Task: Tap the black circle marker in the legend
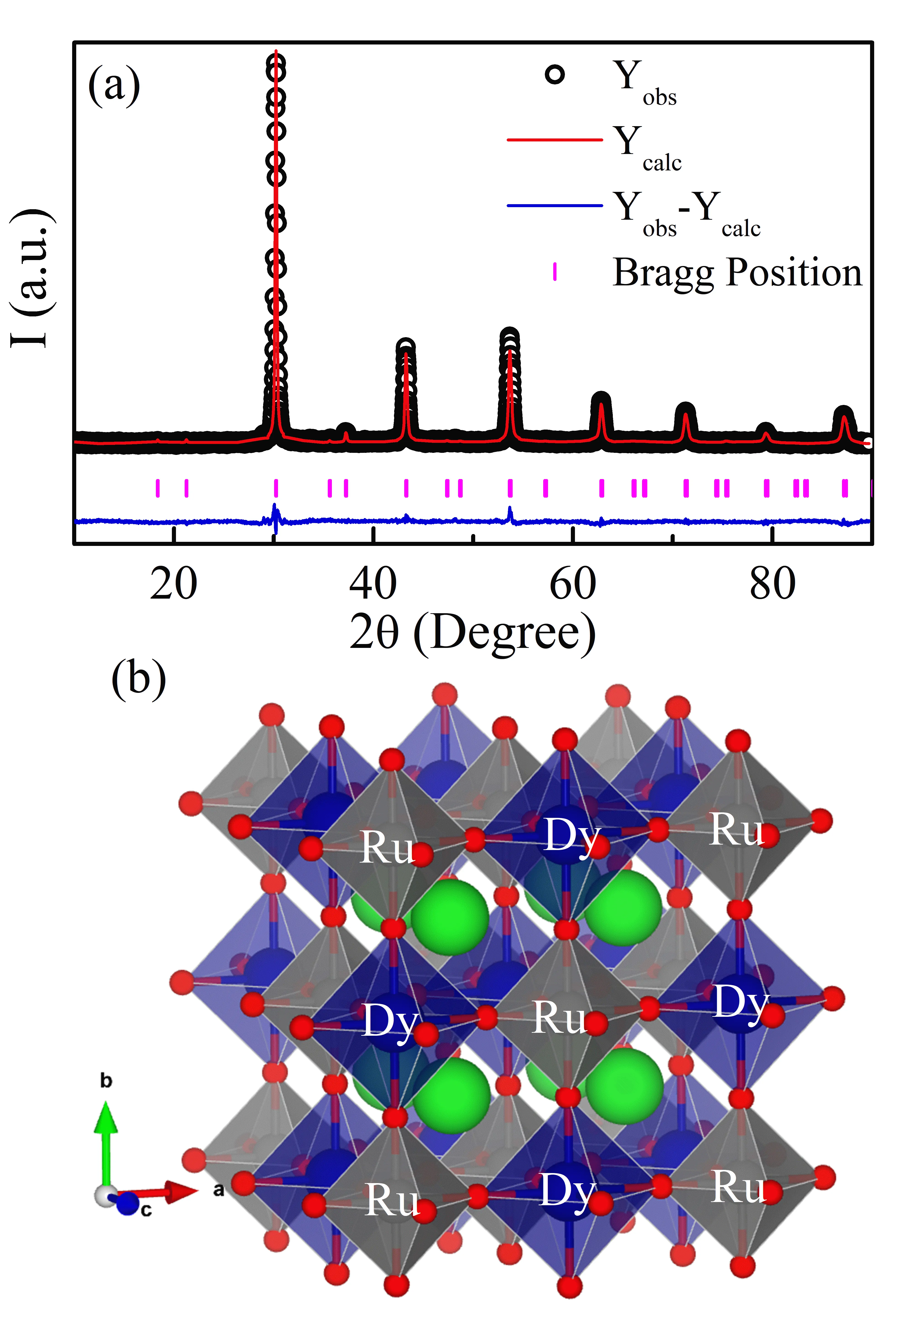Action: [555, 75]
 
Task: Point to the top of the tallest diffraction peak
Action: [275, 54]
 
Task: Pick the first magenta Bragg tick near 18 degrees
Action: [158, 488]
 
